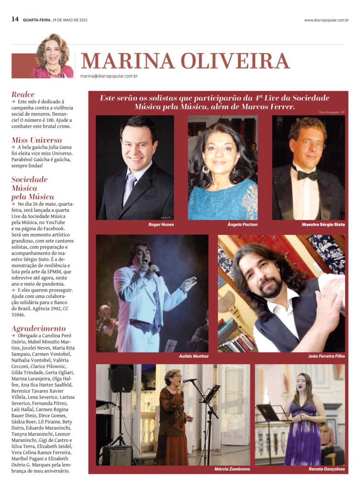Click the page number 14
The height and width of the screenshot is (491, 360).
15,20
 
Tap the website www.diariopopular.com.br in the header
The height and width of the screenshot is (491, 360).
326,20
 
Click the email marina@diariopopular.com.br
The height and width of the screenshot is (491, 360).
109,76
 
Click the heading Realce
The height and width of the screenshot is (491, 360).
23,94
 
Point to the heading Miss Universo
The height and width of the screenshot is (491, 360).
36,140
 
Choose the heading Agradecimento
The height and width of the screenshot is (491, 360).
38,328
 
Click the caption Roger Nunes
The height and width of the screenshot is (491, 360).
161,224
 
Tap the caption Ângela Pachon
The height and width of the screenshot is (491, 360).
243,224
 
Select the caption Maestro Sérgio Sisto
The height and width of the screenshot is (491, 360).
323,224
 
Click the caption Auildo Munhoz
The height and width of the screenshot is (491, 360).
194,356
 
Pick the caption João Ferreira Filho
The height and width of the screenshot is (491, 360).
326,356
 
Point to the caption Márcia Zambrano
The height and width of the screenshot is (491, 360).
232,469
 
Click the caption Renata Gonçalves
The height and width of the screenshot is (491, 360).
326,469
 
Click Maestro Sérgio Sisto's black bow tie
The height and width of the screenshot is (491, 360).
307,175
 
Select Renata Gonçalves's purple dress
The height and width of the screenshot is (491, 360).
302,441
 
